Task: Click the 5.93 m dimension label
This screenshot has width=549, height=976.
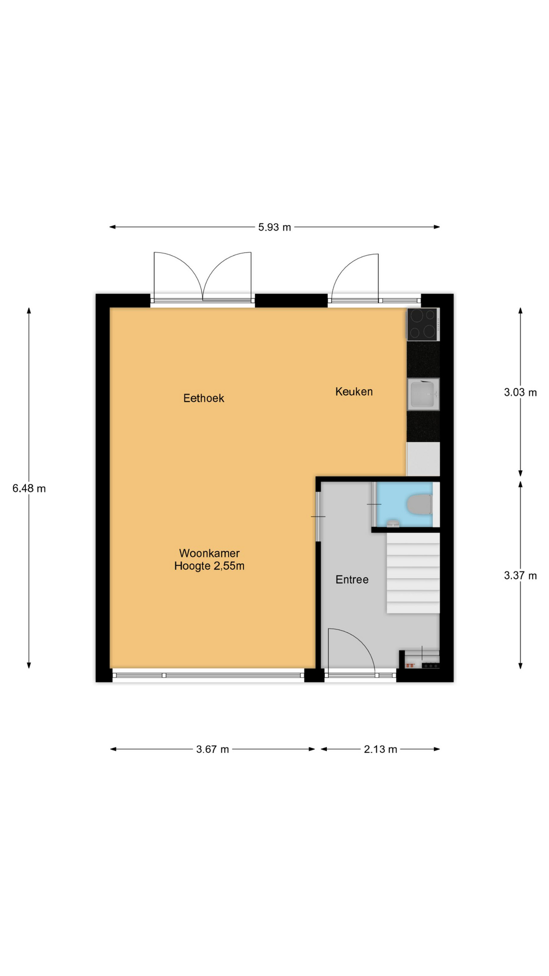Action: (274, 227)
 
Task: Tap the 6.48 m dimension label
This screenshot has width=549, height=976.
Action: (29, 489)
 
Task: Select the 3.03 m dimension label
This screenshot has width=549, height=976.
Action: (520, 392)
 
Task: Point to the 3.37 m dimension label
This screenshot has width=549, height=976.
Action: (520, 575)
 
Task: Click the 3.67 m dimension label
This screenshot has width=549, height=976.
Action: (212, 749)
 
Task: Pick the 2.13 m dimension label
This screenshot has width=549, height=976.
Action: (380, 749)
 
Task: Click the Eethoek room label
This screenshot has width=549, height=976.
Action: (204, 398)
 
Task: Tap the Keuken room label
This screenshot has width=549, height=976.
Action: (354, 391)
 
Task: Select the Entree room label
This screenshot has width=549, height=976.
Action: (352, 579)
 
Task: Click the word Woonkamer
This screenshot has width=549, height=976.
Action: (209, 553)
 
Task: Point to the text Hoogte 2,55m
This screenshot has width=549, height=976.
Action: (209, 566)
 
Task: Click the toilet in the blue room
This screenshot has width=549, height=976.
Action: (420, 505)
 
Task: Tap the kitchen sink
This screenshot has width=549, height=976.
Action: (423, 394)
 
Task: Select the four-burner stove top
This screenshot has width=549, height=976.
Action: (423, 324)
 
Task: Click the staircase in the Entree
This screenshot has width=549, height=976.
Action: (413, 573)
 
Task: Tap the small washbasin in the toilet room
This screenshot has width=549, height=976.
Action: (393, 523)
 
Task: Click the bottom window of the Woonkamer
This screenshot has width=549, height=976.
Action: (208, 675)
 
